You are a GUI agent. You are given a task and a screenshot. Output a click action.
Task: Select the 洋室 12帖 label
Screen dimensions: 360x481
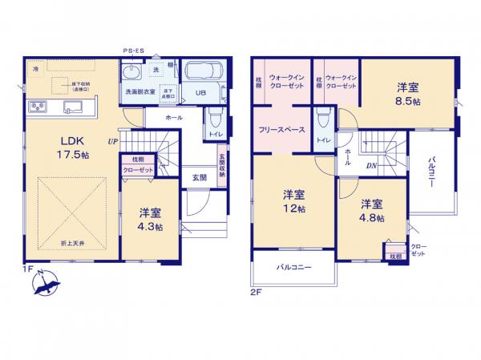293,201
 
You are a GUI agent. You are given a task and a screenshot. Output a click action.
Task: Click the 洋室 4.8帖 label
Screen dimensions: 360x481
370,209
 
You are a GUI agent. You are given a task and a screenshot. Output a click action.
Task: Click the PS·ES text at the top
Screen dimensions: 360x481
134,51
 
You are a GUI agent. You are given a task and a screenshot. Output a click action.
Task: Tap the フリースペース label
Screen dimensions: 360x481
280,129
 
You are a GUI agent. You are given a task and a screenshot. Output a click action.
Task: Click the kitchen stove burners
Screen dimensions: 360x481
38,106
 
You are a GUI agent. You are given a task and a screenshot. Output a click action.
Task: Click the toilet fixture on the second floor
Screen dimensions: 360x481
321,119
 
